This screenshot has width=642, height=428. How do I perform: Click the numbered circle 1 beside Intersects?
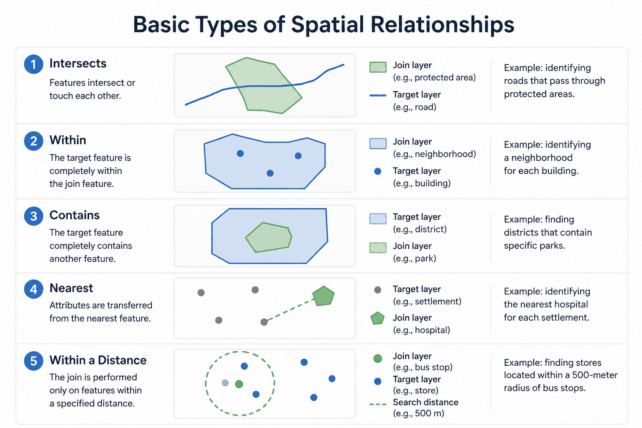33,64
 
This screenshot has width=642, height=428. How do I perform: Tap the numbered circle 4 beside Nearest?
33,289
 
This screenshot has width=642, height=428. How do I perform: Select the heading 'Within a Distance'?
98,360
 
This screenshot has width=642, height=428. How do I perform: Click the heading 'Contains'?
74,215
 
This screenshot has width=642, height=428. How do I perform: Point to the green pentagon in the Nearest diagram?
323,296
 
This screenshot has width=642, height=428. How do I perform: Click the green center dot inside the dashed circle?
239,384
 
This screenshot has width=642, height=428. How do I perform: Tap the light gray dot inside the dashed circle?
225,383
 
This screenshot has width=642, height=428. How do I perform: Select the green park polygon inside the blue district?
269,237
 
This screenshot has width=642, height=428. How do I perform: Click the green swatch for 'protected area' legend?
378,67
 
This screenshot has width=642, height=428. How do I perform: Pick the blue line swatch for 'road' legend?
378,95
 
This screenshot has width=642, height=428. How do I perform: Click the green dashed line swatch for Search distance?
378,404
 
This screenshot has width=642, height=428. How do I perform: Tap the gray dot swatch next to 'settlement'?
378,290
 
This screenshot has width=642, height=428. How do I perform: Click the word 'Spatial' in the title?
327,25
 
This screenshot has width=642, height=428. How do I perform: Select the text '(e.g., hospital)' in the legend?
421,330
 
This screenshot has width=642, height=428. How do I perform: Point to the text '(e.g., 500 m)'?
418,413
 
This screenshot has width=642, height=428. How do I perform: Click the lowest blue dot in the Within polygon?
270,173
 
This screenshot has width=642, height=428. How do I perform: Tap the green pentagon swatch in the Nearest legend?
377,318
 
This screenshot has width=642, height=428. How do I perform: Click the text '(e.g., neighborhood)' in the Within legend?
434,154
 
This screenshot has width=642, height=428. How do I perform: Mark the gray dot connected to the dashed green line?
264,322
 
